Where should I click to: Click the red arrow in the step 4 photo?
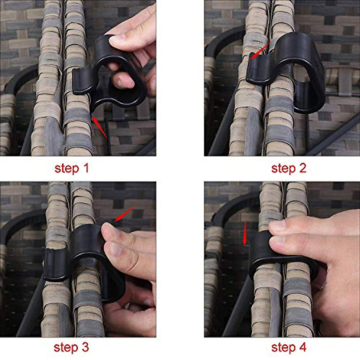point(245,233)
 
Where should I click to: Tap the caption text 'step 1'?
point(72,168)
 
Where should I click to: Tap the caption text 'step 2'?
point(289,168)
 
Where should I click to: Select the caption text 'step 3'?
point(71,347)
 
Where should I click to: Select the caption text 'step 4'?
point(289,347)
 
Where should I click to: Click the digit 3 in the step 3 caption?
point(85,347)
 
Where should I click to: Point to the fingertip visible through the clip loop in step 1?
point(123,80)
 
